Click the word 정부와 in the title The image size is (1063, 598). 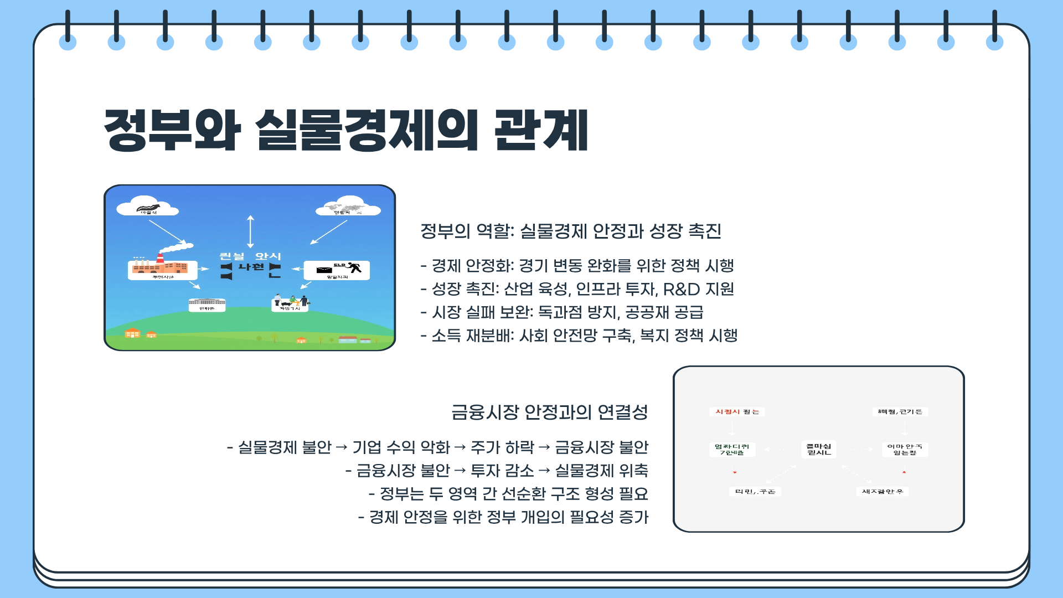(172, 130)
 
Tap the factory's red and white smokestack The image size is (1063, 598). (161, 259)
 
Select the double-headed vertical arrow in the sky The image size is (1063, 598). (250, 231)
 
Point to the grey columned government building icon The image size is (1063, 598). (207, 302)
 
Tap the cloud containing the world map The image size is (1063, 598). (348, 207)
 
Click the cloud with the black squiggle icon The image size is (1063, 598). (147, 207)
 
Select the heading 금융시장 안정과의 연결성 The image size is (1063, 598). (549, 412)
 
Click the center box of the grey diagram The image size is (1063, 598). (819, 449)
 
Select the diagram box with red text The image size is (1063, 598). (737, 412)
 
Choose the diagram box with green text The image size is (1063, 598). (732, 449)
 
